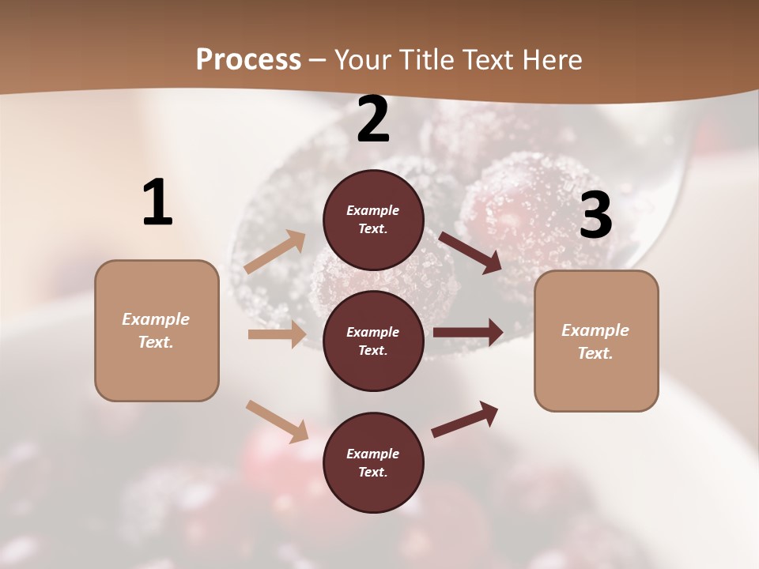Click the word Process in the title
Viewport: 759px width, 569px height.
[x=248, y=60]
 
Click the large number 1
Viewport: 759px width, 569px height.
[x=157, y=203]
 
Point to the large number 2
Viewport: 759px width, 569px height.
[x=373, y=120]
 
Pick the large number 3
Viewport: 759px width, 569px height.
[x=595, y=216]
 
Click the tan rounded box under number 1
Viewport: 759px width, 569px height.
[x=157, y=330]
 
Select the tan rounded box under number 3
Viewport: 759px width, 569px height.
[x=596, y=341]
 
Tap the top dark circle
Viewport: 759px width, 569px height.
[x=373, y=220]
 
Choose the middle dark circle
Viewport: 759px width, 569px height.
[x=373, y=341]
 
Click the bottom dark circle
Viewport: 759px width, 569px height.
[x=373, y=462]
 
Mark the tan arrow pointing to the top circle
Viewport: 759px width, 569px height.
[x=275, y=251]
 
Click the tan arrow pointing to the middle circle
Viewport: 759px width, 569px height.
[x=276, y=334]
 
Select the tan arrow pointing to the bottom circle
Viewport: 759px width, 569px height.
[x=277, y=421]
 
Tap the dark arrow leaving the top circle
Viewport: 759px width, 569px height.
[x=470, y=252]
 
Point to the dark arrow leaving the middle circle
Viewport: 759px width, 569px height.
[x=468, y=333]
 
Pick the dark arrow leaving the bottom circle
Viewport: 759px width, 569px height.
[x=465, y=419]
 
